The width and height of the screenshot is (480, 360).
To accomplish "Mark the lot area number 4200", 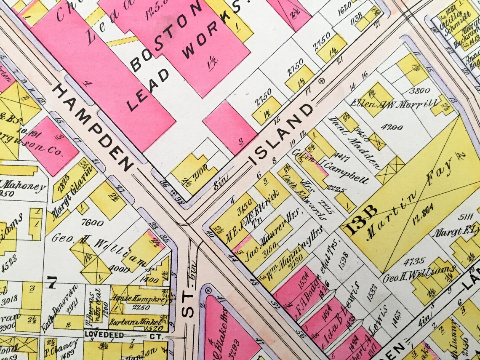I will (x=392, y=127).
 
